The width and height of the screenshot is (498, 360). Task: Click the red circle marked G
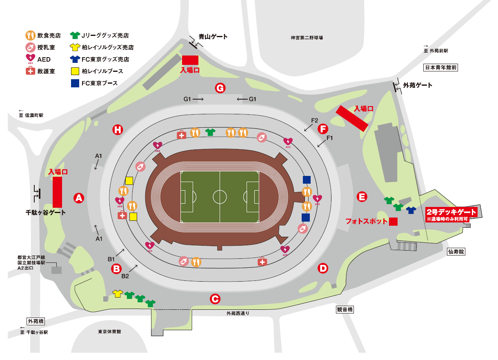pos(220,88)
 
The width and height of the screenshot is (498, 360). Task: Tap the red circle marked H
pos(118,130)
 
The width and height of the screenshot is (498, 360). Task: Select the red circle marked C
pos(215,299)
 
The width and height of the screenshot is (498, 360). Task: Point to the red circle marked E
pos(361,197)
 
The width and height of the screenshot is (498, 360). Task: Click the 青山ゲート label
pos(213,37)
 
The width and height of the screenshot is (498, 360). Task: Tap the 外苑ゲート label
pos(417,85)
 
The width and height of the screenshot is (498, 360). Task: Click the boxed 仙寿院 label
pos(456,252)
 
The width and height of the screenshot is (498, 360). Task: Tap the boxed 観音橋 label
pos(345,310)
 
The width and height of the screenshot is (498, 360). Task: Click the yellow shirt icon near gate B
pos(118,293)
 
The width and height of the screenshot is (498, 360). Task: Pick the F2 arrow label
pos(314,120)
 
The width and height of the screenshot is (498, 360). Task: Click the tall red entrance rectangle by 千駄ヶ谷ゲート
pos(57,192)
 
